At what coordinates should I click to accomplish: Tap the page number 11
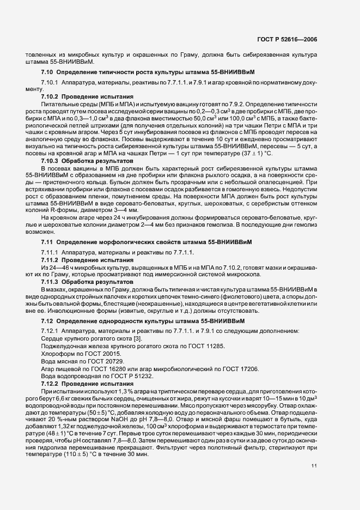pos(314,450)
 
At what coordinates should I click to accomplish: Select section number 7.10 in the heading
pos(47,72)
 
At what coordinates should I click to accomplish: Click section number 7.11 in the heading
pos(47,241)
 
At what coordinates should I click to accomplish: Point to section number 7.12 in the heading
pos(47,321)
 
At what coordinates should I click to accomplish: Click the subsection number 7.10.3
pos(51,162)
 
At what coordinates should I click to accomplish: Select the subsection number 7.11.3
pos(51,282)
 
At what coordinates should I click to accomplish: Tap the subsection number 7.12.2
pos(51,384)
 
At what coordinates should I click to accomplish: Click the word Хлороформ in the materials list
pos(57,354)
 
